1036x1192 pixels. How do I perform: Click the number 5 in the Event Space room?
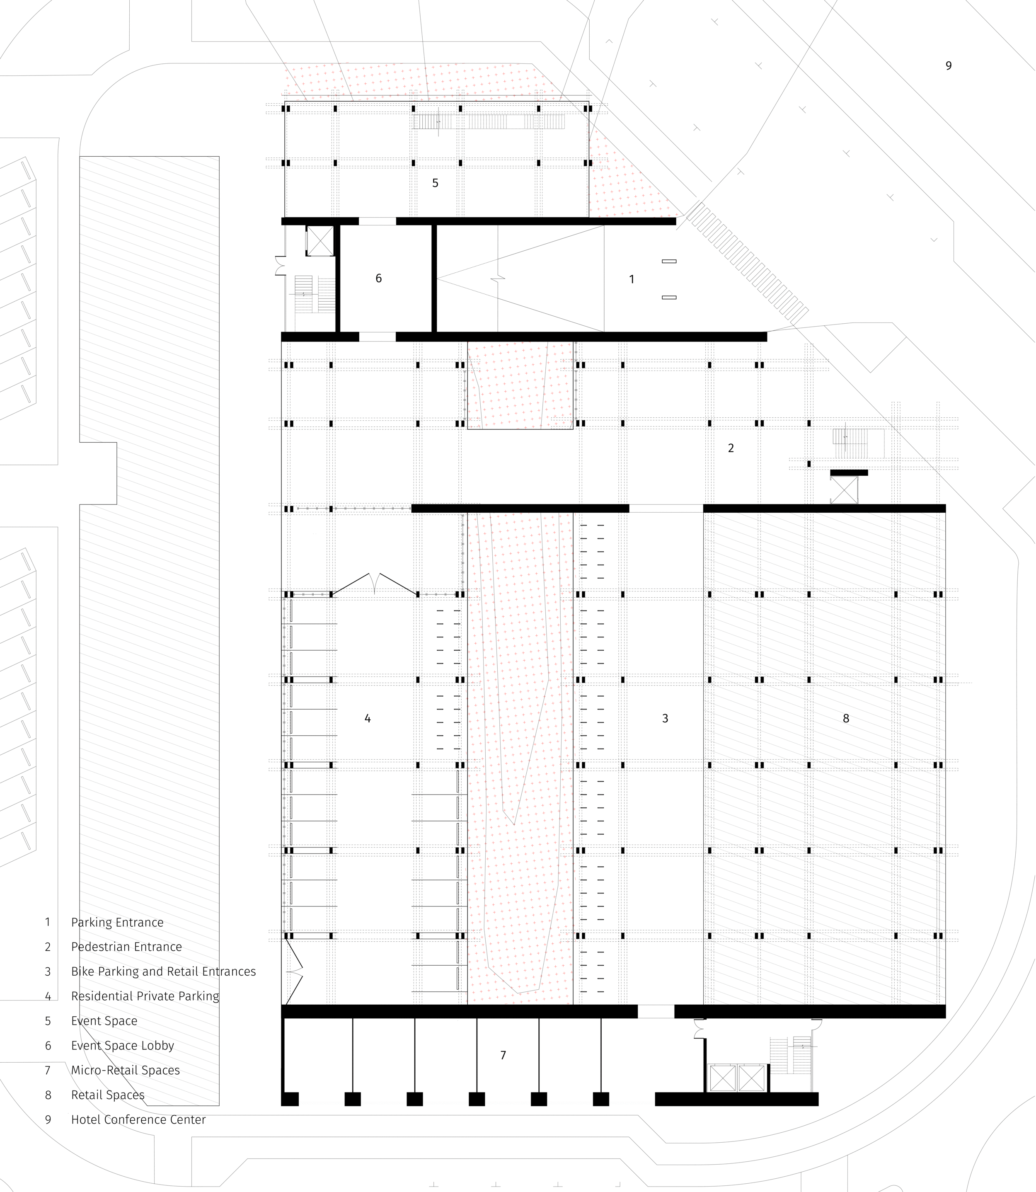436,183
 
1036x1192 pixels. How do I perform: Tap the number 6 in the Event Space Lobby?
379,279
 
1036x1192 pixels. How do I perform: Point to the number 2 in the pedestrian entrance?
731,448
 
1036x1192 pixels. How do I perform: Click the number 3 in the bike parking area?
665,719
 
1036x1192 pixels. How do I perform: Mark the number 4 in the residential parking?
368,719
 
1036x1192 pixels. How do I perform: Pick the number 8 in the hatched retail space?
846,719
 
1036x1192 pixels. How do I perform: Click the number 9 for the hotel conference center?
948,66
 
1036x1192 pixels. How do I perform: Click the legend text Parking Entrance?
117,923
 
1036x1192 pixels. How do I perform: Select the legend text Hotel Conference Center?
138,1120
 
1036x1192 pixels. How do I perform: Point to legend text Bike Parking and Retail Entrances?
163,972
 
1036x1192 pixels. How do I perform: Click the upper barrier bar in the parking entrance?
669,261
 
